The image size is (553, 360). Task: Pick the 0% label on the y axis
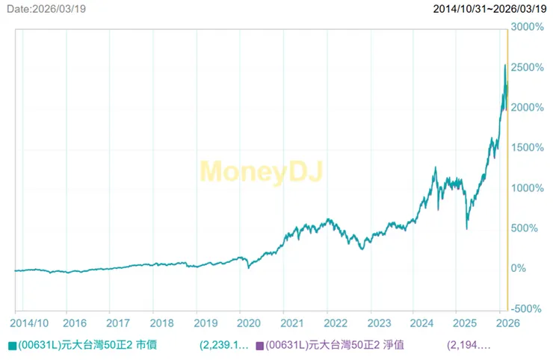(x=519, y=267)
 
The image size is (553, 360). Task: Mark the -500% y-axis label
(x=528, y=308)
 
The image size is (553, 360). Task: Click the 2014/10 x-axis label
(x=31, y=323)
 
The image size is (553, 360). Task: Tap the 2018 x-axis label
(x=162, y=323)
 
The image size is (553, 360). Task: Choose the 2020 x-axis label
(x=249, y=323)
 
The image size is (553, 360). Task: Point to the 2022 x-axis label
(x=336, y=323)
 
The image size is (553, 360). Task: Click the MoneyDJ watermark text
(x=261, y=171)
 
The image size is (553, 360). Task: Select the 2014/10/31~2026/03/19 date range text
(x=490, y=8)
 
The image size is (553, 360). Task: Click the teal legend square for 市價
(x=12, y=346)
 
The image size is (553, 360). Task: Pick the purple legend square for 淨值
(x=259, y=346)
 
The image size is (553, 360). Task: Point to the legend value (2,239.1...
(x=224, y=346)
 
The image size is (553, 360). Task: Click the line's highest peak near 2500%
(x=504, y=66)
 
